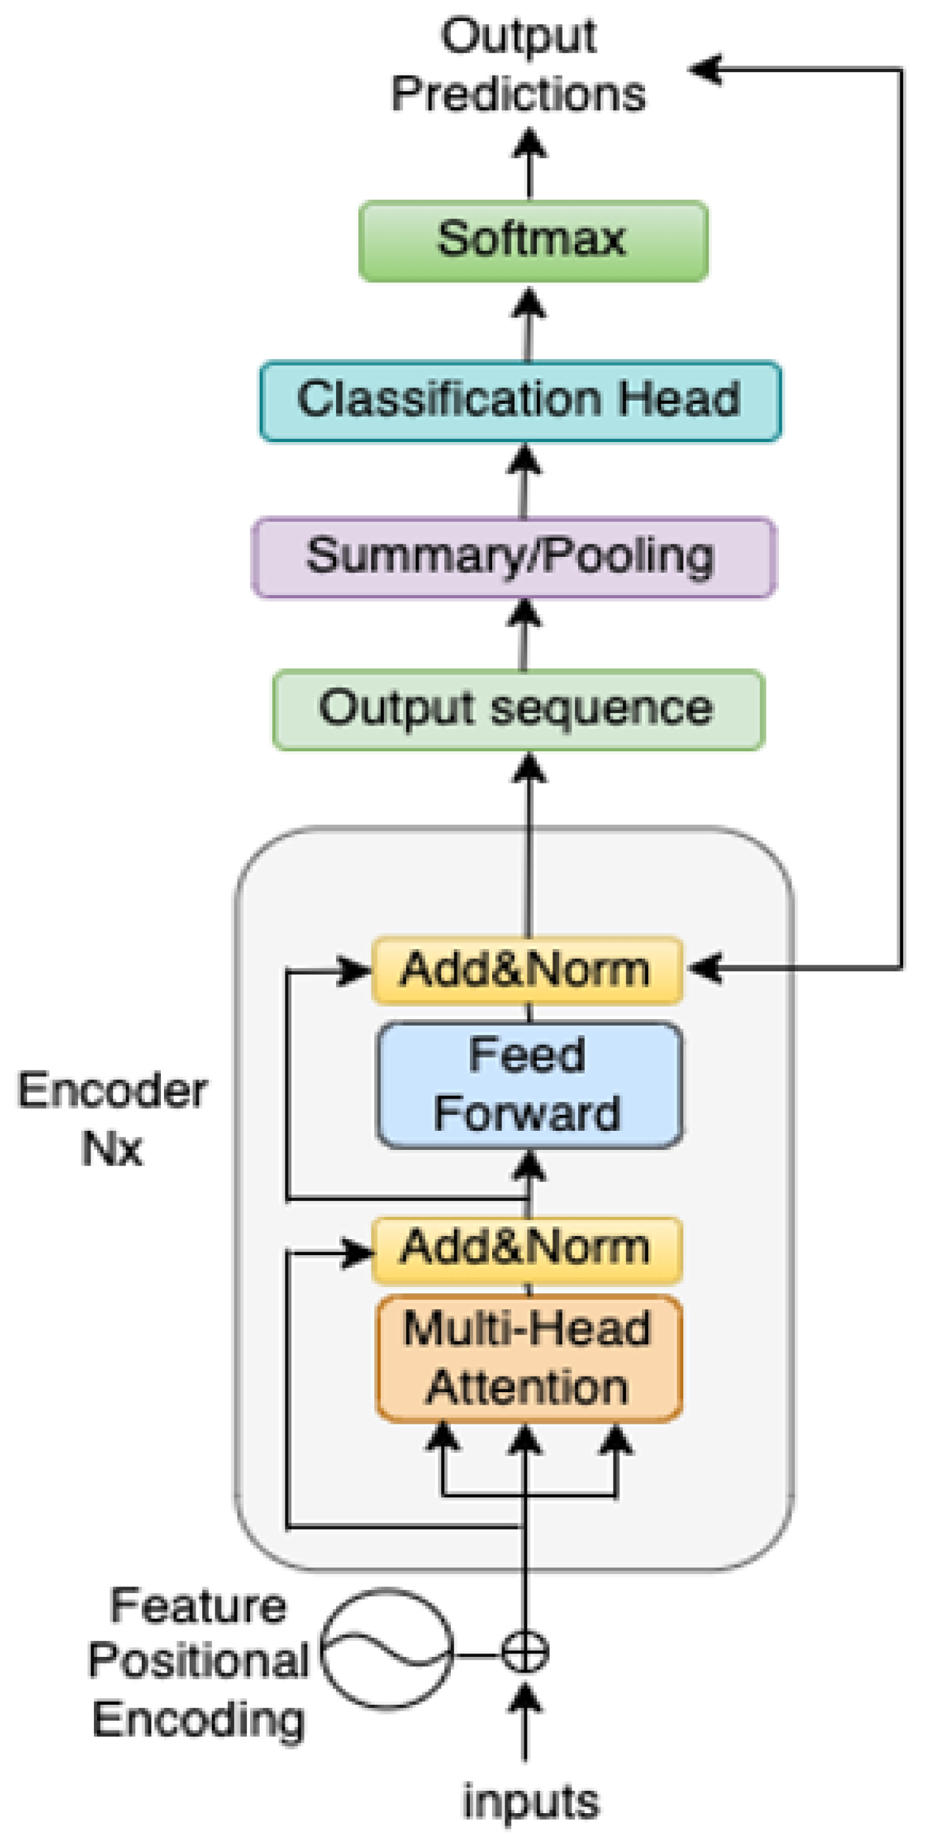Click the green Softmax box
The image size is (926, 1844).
point(533,241)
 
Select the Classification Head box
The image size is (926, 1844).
point(520,401)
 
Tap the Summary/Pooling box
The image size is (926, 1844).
point(513,557)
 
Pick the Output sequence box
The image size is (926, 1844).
point(518,709)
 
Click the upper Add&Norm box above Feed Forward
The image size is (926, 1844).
point(527,970)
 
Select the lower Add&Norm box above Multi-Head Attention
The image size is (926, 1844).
point(527,1249)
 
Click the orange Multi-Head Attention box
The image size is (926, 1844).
point(529,1358)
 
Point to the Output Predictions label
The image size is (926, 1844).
point(518,66)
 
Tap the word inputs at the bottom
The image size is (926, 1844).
point(530,1803)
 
